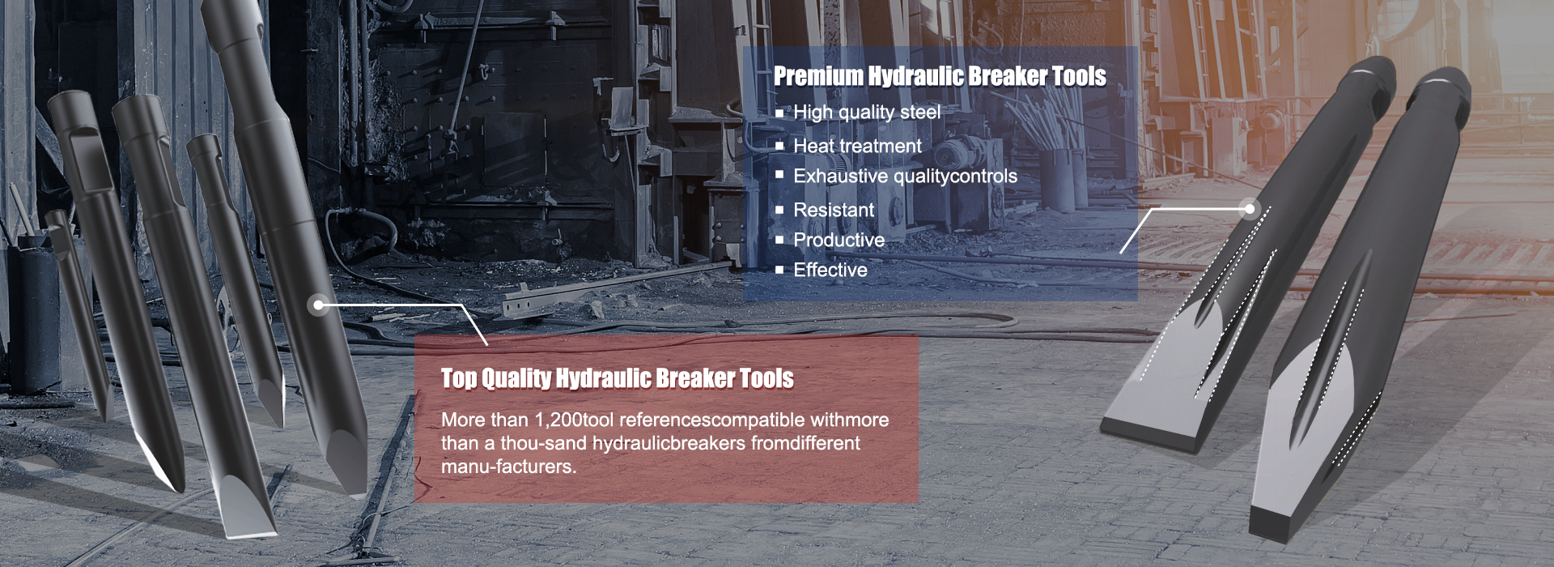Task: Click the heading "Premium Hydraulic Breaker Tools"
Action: click(940, 76)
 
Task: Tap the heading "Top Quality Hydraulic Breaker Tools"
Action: click(618, 378)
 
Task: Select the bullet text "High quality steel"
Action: click(867, 113)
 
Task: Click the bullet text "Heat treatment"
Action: click(857, 146)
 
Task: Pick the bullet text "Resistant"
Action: click(834, 210)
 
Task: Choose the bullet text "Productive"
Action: click(839, 240)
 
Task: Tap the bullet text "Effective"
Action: click(830, 270)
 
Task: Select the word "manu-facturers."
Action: click(508, 467)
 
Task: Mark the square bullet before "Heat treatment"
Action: click(779, 147)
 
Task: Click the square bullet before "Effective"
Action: click(779, 270)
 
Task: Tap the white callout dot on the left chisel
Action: click(319, 305)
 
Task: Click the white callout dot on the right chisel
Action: click(1249, 209)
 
